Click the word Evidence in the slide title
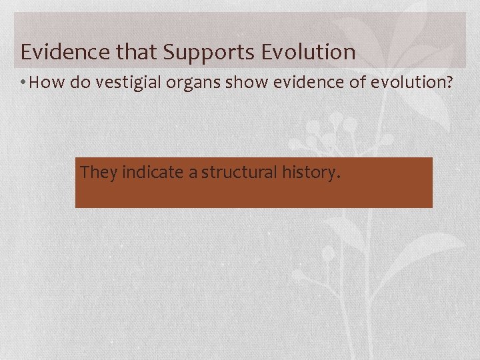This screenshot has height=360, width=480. point(59,52)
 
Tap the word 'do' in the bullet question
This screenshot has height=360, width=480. point(75,83)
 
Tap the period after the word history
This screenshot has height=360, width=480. point(339,178)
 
